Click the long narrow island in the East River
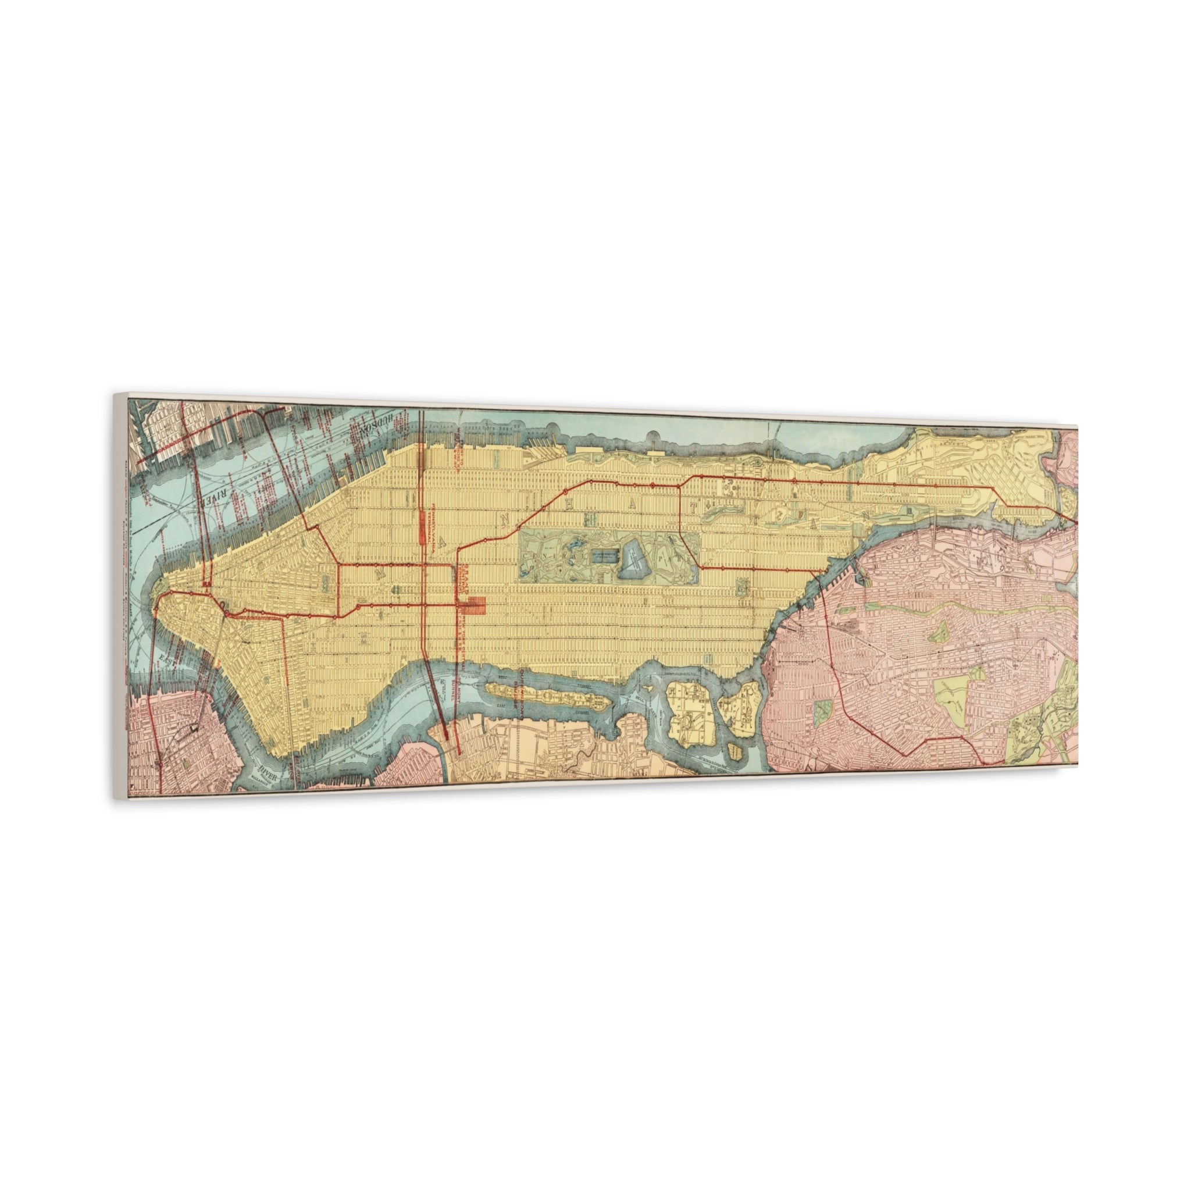coord(543,696)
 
